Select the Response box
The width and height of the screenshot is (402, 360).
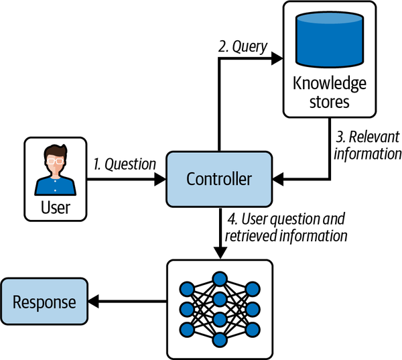[x=44, y=302]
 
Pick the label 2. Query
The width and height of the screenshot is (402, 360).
[x=243, y=48]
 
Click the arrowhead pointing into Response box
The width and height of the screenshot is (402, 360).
[x=94, y=302]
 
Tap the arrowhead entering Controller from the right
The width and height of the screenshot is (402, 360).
[x=278, y=179]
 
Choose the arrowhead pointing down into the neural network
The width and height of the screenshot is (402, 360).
[x=219, y=254]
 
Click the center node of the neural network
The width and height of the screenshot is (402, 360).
[x=219, y=298]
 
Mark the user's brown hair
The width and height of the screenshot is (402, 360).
[x=56, y=152]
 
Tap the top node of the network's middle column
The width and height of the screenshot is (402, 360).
[x=219, y=278]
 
